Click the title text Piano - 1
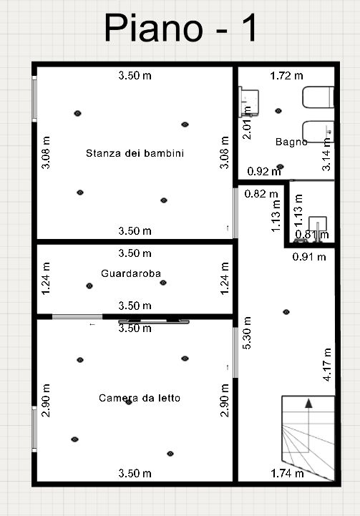pyautogui.click(x=180, y=28)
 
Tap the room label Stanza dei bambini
pyautogui.click(x=135, y=153)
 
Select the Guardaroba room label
pyautogui.click(x=131, y=273)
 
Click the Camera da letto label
pyautogui.click(x=140, y=398)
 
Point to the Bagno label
pyautogui.click(x=291, y=142)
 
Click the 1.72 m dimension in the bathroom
pyautogui.click(x=286, y=76)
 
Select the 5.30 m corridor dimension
pyautogui.click(x=247, y=333)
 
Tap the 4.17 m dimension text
pyautogui.click(x=327, y=364)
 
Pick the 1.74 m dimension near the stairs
pyautogui.click(x=287, y=473)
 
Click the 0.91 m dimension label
pyautogui.click(x=309, y=257)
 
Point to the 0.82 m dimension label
pyautogui.click(x=261, y=194)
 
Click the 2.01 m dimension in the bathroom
pyautogui.click(x=247, y=123)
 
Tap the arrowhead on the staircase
pyautogui.click(x=308, y=404)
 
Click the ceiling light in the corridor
pyautogui.click(x=286, y=311)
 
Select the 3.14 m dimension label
pyautogui.click(x=326, y=155)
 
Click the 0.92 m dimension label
pyautogui.click(x=264, y=171)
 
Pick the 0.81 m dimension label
pyautogui.click(x=312, y=234)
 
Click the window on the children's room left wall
pyautogui.click(x=34, y=99)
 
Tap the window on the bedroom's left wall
pyautogui.click(x=34, y=429)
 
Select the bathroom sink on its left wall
pyautogui.click(x=248, y=101)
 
